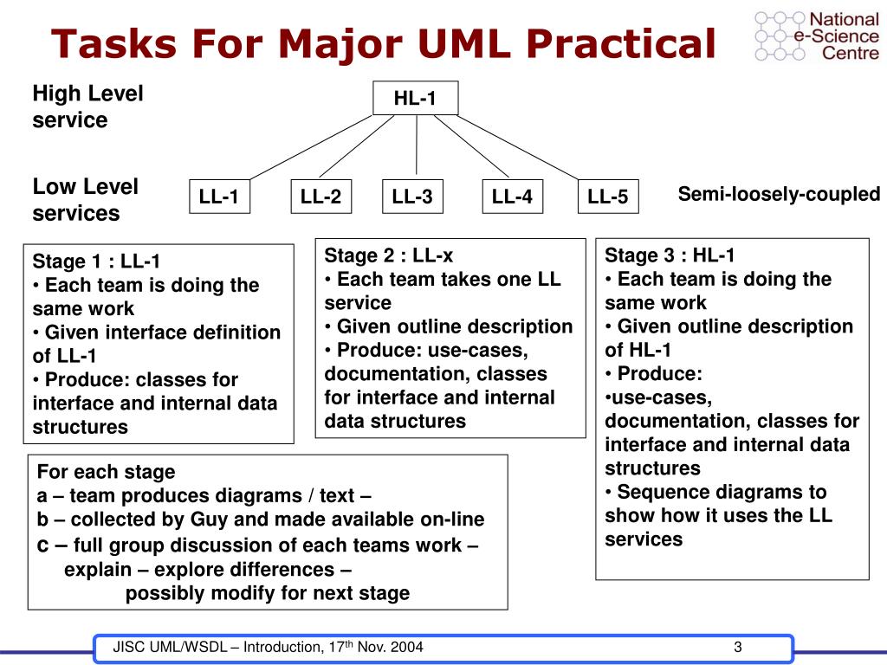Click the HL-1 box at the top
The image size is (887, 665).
(415, 98)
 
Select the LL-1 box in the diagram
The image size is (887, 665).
(219, 197)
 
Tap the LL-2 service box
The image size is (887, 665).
(320, 197)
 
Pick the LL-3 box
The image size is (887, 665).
(412, 197)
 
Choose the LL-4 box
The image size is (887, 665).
(512, 197)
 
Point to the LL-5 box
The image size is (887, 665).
(607, 197)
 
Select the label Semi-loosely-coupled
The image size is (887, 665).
(779, 194)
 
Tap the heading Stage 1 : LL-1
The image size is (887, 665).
(96, 261)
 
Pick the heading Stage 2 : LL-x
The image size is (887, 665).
(389, 255)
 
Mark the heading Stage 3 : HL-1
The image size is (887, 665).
(670, 255)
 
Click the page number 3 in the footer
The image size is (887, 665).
(738, 648)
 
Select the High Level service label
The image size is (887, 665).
(87, 107)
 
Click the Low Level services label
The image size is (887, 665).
(85, 199)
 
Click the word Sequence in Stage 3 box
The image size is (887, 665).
(658, 492)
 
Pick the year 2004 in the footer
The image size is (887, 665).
(406, 649)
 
